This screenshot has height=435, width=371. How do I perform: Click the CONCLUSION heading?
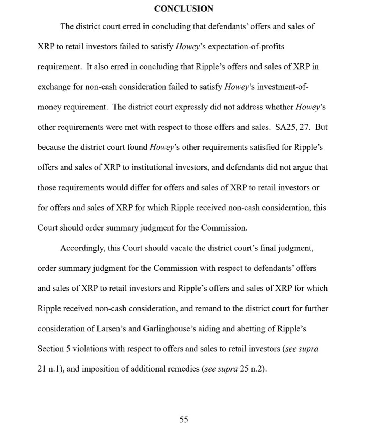pos(184,9)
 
